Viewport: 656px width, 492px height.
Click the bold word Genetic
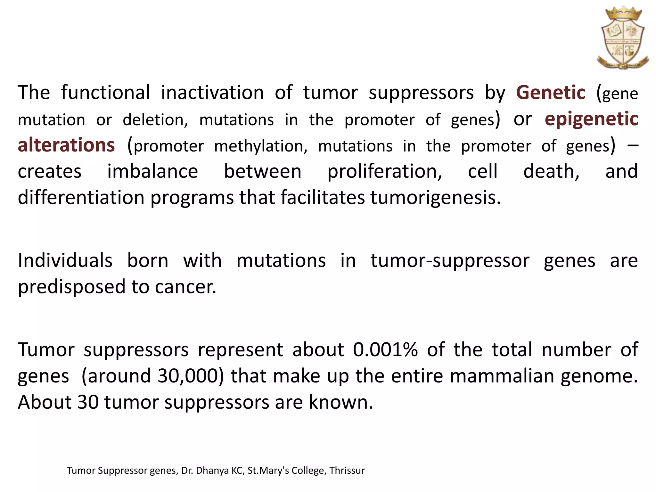click(x=551, y=93)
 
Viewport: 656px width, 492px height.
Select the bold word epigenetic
click(x=591, y=119)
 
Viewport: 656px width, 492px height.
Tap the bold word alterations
click(x=66, y=145)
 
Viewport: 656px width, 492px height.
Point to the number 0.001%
click(x=385, y=349)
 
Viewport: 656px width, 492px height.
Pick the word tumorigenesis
click(x=435, y=198)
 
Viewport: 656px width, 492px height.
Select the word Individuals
click(x=65, y=260)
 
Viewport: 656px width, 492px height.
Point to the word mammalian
click(x=502, y=376)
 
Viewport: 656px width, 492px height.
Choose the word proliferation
click(x=384, y=171)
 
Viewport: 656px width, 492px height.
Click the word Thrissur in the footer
click(x=347, y=471)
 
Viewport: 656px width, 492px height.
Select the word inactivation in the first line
click(x=212, y=93)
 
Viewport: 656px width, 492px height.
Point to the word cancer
click(x=185, y=287)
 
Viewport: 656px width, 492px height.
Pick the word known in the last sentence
click(x=340, y=402)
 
